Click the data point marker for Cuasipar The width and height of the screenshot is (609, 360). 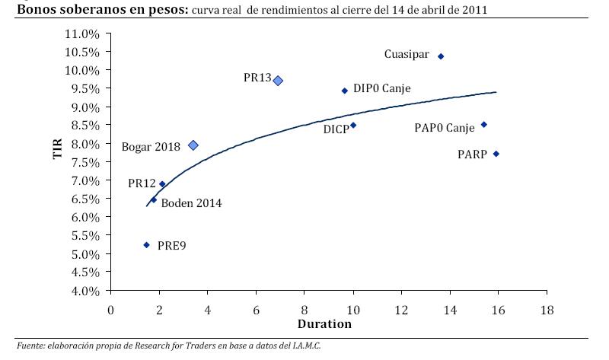click(x=441, y=56)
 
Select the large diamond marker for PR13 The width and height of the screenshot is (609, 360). click(x=279, y=81)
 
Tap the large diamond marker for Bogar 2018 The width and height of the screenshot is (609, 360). click(x=193, y=145)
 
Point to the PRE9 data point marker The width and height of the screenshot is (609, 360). click(x=147, y=245)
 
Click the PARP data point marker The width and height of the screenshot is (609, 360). click(x=496, y=154)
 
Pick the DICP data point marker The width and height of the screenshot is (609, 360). click(x=353, y=126)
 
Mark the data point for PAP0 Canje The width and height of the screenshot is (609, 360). click(x=483, y=125)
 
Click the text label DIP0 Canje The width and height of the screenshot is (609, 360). click(x=381, y=89)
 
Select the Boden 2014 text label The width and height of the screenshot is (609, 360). click(x=191, y=203)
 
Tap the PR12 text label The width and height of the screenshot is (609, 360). click(x=142, y=183)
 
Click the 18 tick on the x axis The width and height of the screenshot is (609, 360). click(x=547, y=310)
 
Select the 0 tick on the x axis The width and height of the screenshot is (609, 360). click(x=111, y=310)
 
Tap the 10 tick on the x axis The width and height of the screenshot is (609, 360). click(x=353, y=310)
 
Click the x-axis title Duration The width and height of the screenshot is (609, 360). click(x=324, y=323)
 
